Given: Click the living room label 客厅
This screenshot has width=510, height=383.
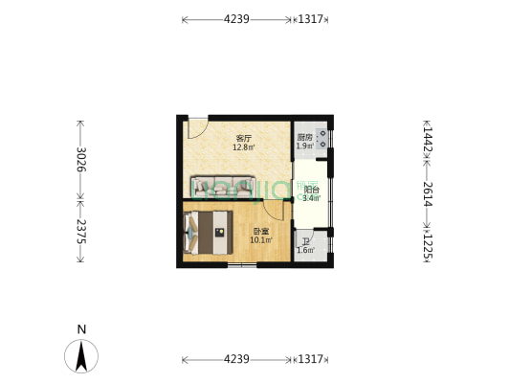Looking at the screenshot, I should pyautogui.click(x=243, y=139).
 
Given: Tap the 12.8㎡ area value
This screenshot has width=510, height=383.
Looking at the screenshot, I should pyautogui.click(x=243, y=147).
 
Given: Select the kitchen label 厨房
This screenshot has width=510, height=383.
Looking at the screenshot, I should pyautogui.click(x=303, y=137).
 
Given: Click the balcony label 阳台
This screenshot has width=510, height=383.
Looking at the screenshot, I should pyautogui.click(x=311, y=190).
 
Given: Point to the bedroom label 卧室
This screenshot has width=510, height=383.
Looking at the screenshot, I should pyautogui.click(x=260, y=232).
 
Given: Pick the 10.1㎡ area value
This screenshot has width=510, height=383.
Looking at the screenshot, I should pyautogui.click(x=260, y=240).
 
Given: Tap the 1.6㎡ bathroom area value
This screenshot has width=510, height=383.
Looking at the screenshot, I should pyautogui.click(x=304, y=251).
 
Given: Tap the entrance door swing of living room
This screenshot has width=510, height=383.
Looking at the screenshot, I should pyautogui.click(x=197, y=127).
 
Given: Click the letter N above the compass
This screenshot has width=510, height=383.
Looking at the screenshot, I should pyautogui.click(x=81, y=329).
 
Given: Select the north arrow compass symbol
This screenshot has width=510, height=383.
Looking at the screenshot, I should pyautogui.click(x=81, y=356).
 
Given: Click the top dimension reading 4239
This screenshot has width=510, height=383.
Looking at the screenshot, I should pyautogui.click(x=236, y=19).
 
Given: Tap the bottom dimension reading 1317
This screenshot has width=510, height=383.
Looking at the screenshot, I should pyautogui.click(x=311, y=359).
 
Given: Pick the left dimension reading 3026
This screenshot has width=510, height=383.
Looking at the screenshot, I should pyautogui.click(x=81, y=160).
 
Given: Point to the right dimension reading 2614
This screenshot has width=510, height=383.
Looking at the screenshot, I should pyautogui.click(x=427, y=194).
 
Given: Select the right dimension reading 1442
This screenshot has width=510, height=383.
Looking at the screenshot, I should pyautogui.click(x=427, y=138).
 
